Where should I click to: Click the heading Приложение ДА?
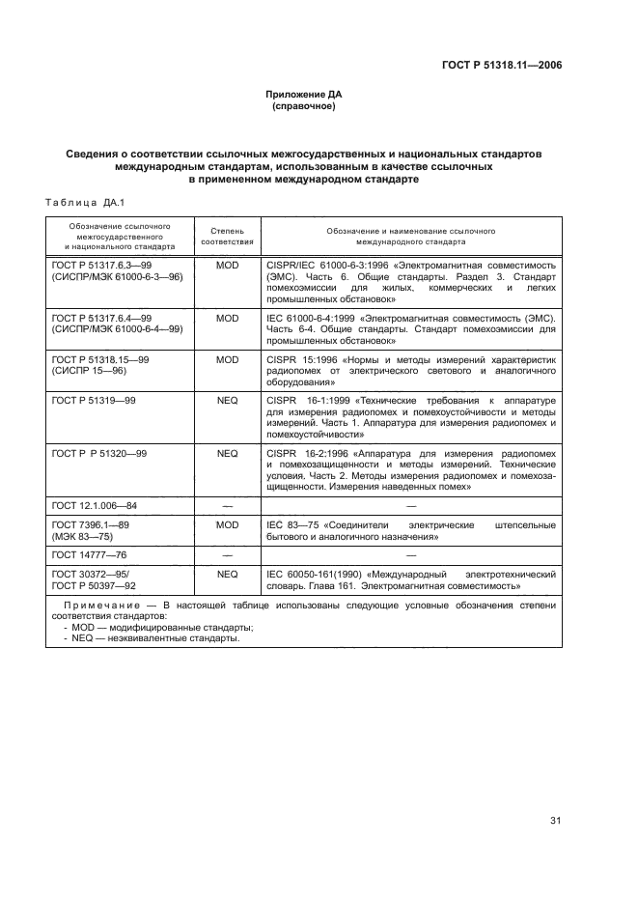[x=304, y=95]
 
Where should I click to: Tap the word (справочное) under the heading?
[x=304, y=106]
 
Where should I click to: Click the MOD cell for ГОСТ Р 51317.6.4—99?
[x=227, y=318]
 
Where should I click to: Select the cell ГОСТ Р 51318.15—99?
[x=99, y=358]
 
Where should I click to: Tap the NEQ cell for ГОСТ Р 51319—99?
[x=227, y=398]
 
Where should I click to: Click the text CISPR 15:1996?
[x=296, y=358]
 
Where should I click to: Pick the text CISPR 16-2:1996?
[x=301, y=452]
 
